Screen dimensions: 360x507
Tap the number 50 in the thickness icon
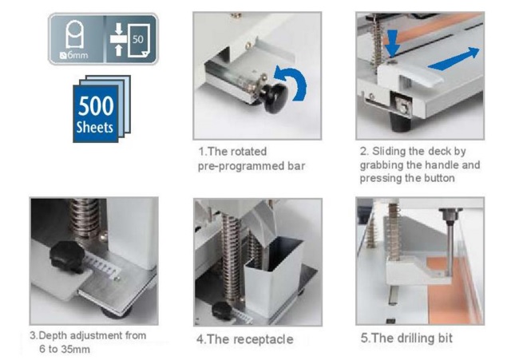138,38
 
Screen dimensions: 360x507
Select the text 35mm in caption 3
76,350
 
